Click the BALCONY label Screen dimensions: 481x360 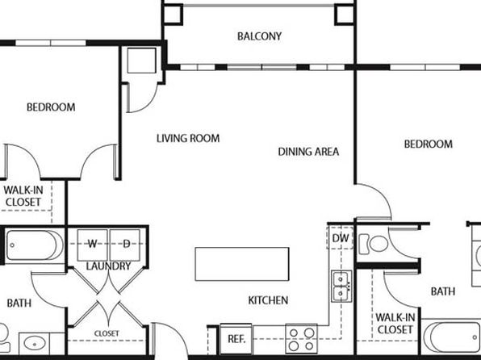259,36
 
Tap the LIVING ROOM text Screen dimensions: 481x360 188,138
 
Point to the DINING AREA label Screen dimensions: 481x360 308,152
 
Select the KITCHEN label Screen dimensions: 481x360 268,300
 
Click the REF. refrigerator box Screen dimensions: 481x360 236,338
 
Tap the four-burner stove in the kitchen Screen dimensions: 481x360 302,338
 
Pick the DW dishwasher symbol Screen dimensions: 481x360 341,238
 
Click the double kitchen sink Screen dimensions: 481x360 341,286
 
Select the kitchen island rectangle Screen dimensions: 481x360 242,264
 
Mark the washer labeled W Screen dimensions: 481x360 92,245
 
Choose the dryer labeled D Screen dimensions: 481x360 125,245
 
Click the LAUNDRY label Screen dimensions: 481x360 108,266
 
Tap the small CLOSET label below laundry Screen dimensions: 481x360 107,333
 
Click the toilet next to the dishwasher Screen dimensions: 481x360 374,244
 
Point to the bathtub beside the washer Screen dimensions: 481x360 35,245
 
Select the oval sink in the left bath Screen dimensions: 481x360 35,344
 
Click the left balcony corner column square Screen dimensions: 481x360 173,14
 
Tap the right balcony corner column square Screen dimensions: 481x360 345,14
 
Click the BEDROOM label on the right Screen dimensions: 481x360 429,144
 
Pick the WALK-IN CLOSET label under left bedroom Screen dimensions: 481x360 23,196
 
